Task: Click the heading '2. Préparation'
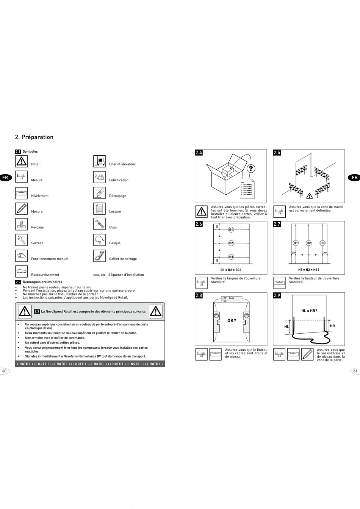[34, 137]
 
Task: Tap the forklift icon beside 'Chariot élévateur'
[99, 161]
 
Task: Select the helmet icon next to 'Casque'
[99, 240]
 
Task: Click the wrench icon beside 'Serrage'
[22, 240]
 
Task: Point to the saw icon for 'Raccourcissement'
[22, 272]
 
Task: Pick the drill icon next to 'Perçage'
[22, 224]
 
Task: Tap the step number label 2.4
[199, 153]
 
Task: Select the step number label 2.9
[277, 296]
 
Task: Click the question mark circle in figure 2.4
[251, 169]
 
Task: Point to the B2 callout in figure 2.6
[231, 243]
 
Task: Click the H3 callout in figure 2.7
[322, 243]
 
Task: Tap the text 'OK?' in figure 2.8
[232, 321]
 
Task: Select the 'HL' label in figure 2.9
[286, 326]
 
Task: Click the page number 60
[5, 371]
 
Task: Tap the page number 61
[355, 371]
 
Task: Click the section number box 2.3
[37, 312]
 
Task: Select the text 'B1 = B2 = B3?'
[231, 270]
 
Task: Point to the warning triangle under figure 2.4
[202, 211]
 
